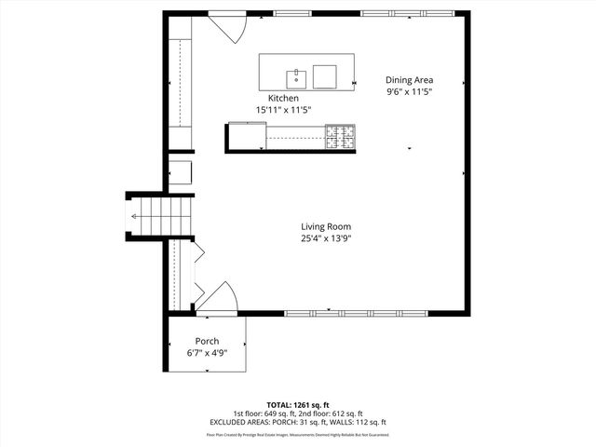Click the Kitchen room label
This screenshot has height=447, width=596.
[283, 98]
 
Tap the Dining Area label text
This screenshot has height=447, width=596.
[409, 80]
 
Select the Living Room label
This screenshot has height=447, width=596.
[325, 226]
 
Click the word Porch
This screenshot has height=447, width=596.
[207, 341]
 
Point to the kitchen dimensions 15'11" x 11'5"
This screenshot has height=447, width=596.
[283, 110]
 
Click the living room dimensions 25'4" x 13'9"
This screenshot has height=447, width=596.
[325, 238]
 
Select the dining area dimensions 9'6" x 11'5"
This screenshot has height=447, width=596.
[409, 92]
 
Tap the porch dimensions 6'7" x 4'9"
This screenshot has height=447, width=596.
[207, 353]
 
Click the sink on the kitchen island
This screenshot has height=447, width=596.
[295, 74]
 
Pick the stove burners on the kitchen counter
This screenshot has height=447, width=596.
[340, 138]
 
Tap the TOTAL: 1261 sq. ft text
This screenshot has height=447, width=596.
[297, 404]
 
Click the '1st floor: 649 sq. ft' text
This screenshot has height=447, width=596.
[265, 413]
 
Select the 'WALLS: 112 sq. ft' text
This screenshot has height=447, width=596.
[357, 422]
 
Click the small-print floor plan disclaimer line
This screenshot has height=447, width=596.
[297, 434]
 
